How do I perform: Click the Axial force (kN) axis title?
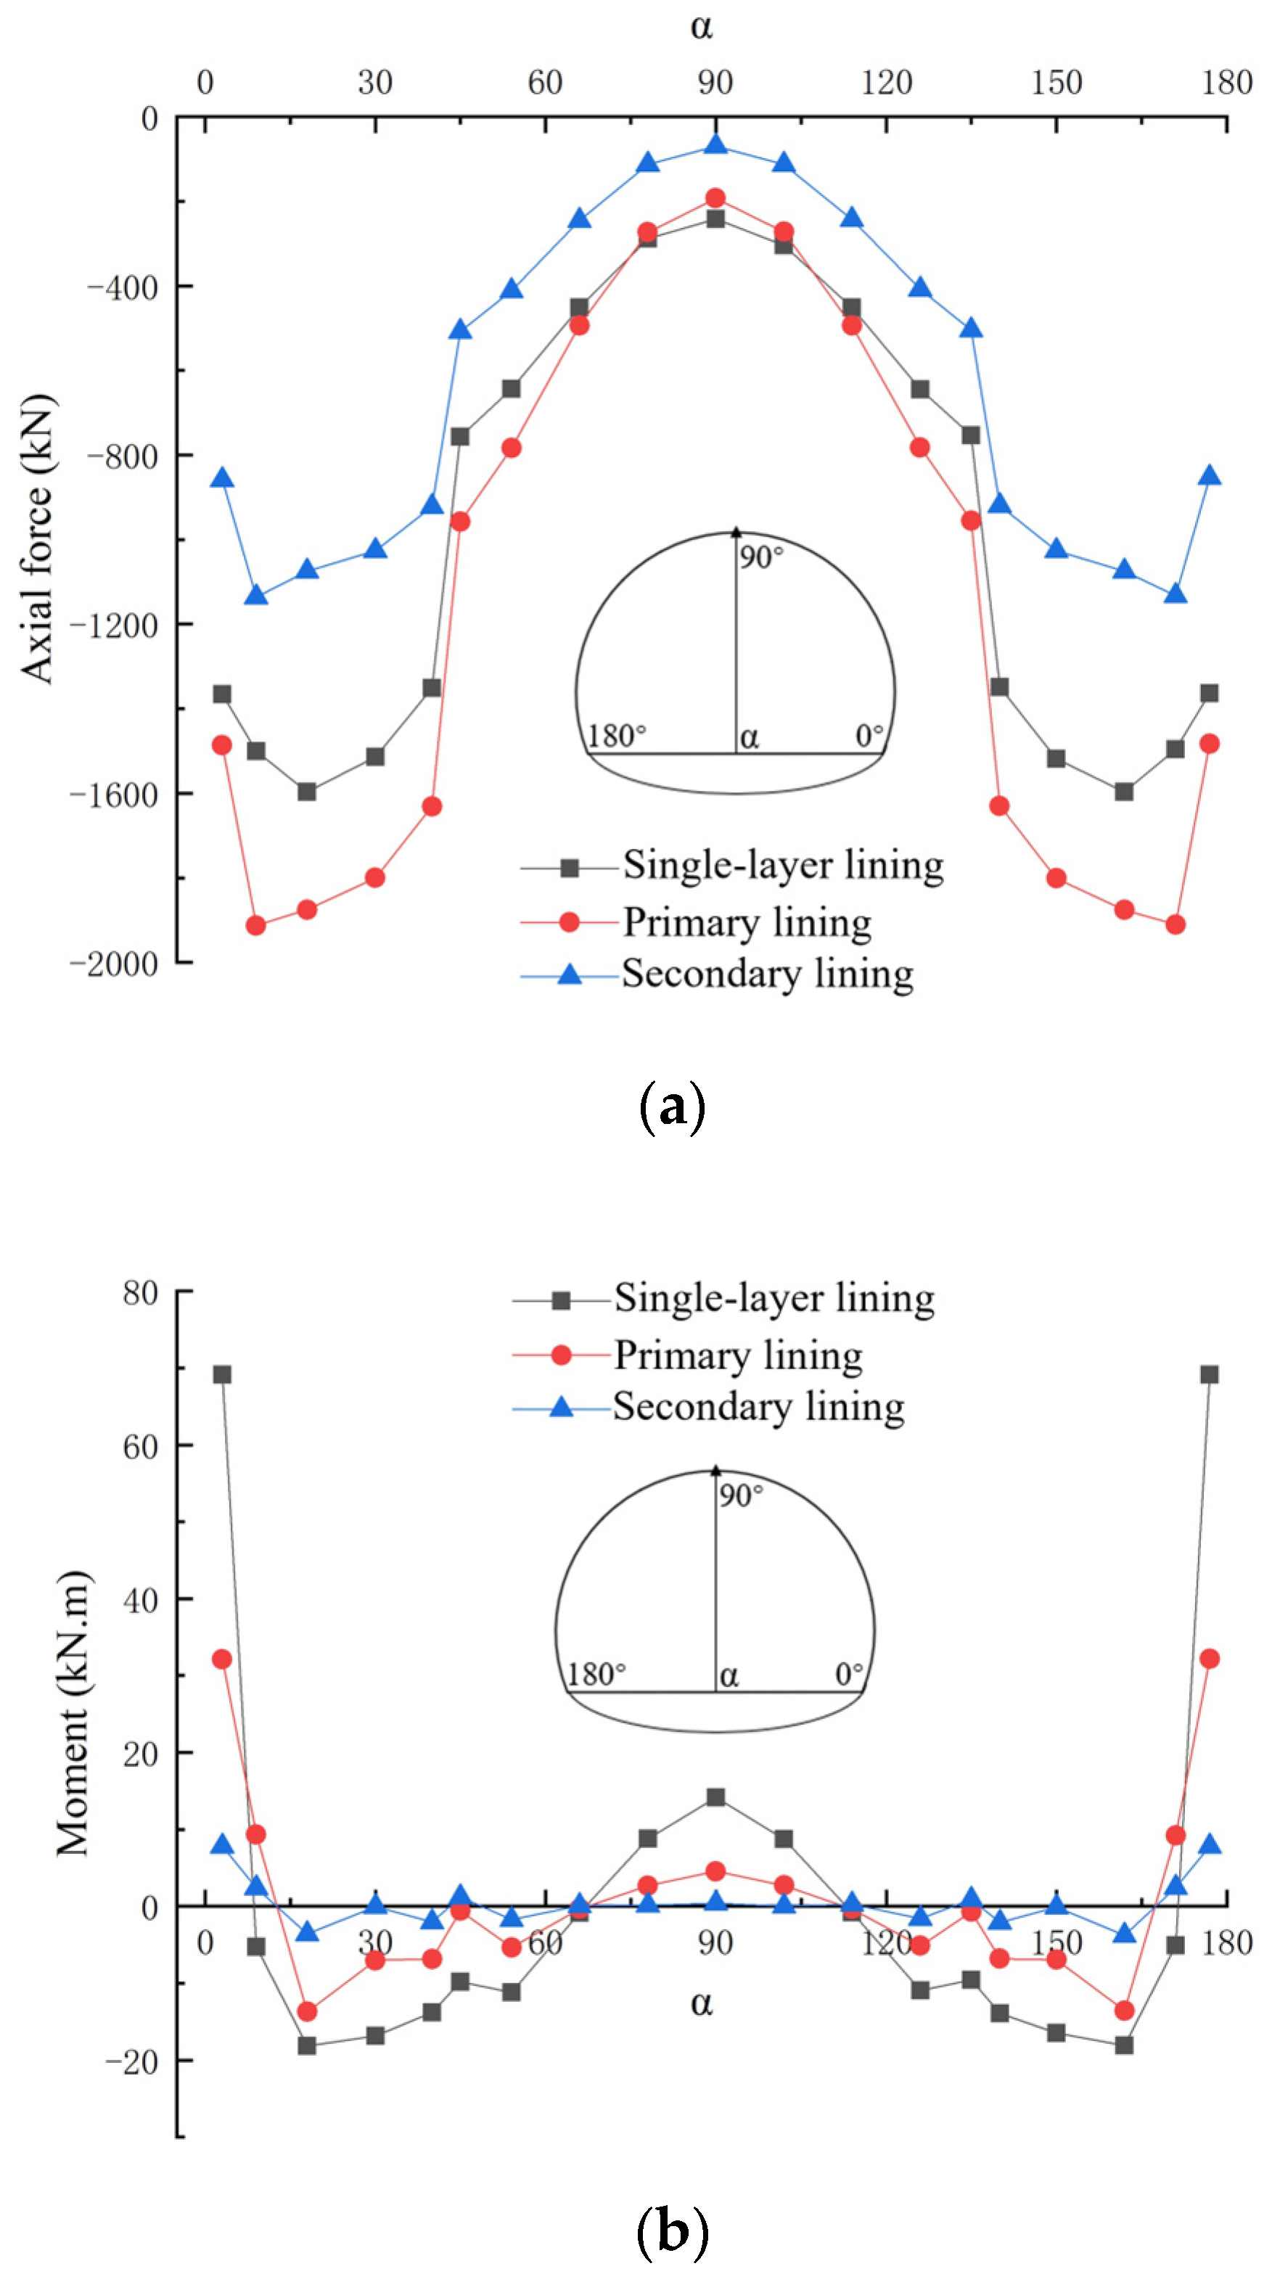click(x=37, y=538)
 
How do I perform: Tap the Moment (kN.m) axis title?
click(x=73, y=1713)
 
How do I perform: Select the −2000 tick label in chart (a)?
click(x=113, y=963)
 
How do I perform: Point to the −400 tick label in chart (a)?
click(x=122, y=287)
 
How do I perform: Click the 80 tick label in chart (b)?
click(x=140, y=1293)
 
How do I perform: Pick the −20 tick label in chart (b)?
click(x=131, y=2062)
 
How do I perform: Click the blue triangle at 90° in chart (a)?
click(x=715, y=144)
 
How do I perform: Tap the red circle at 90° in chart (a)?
click(x=715, y=197)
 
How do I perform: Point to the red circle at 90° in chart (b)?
click(x=715, y=1871)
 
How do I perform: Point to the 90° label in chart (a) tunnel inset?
click(x=762, y=557)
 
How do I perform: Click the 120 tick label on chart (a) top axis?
click(x=886, y=83)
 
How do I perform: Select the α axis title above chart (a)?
click(x=702, y=27)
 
